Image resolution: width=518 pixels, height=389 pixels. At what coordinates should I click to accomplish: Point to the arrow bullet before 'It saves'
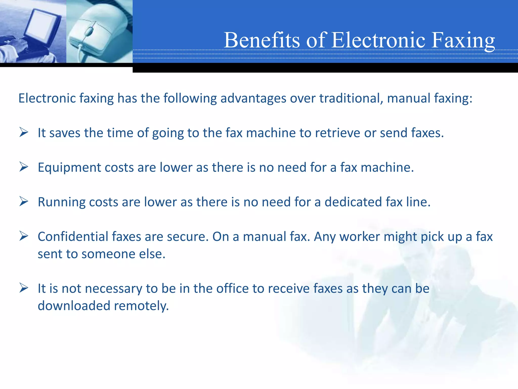[x=24, y=132]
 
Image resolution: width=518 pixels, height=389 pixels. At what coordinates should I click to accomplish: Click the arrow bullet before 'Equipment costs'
[x=24, y=167]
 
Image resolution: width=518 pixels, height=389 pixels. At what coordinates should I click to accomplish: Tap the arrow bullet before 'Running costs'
[x=24, y=202]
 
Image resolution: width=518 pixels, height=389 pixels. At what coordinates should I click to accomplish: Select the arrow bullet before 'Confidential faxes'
[x=24, y=236]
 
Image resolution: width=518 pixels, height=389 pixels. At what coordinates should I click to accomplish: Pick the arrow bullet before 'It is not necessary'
[x=24, y=288]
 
